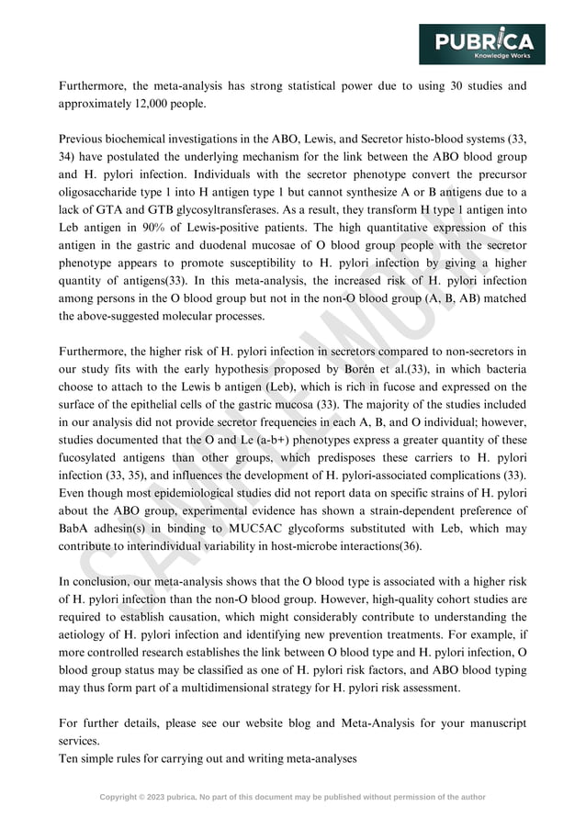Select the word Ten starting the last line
70,758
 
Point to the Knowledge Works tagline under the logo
502,55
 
